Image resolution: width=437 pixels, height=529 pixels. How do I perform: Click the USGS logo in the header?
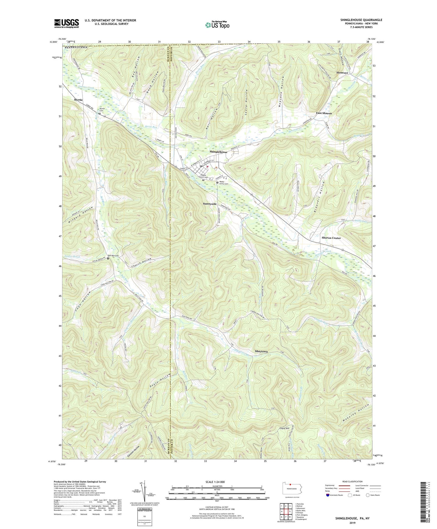point(66,24)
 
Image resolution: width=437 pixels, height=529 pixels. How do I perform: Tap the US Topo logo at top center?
point(217,25)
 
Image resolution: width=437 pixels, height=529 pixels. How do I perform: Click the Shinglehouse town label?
point(218,152)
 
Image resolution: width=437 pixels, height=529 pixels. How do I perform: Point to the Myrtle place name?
point(78,100)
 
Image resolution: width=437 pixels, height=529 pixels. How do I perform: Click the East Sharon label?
point(324,113)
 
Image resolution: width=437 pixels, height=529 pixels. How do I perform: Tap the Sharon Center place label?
point(331,238)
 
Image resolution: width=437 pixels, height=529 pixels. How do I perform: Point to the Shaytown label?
point(261,352)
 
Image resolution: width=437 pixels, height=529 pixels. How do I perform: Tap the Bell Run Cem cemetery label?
point(114,256)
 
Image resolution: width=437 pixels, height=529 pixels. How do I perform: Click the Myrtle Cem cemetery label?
point(102,110)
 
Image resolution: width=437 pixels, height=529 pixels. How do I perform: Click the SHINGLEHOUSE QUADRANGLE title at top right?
point(361,20)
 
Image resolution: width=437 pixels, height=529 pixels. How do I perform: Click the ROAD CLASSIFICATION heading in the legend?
point(352,481)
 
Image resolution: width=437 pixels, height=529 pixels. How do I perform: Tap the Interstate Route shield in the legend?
point(328,495)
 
